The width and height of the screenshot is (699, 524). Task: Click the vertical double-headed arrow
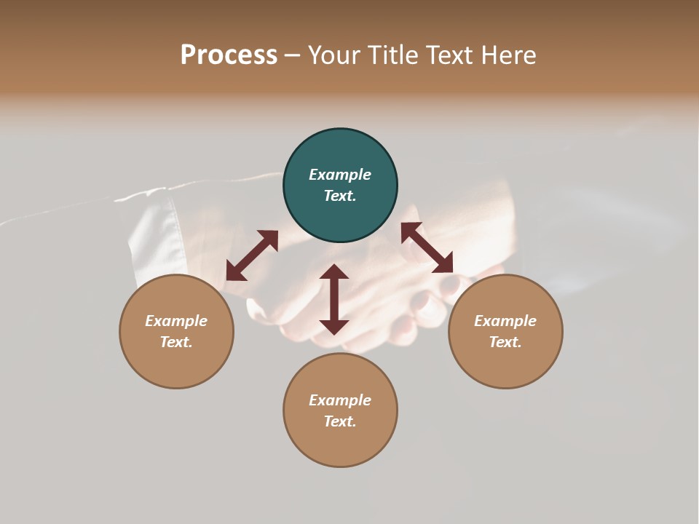click(334, 299)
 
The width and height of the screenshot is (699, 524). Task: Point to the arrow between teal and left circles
click(252, 255)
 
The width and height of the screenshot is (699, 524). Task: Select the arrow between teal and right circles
click(427, 248)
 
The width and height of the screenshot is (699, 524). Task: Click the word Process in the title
click(229, 55)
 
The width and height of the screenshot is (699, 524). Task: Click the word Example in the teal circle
click(340, 175)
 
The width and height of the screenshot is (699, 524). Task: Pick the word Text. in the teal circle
click(340, 196)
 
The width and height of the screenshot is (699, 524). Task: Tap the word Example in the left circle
click(176, 321)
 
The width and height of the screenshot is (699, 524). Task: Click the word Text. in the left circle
click(176, 342)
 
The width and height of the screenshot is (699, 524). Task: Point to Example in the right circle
click(505, 321)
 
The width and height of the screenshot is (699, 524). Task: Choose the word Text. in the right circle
click(505, 342)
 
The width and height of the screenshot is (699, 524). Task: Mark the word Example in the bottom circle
click(340, 400)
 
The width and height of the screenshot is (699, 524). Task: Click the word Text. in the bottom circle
click(340, 421)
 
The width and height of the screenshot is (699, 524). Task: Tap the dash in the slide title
click(292, 55)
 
